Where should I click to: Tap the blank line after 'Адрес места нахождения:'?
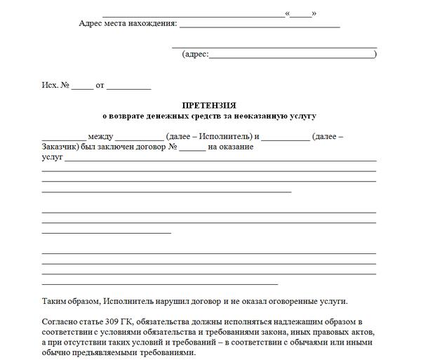pyautogui.click(x=260, y=25)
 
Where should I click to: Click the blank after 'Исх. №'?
pyautogui.click(x=81, y=88)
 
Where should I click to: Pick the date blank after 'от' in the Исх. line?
pyautogui.click(x=128, y=88)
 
